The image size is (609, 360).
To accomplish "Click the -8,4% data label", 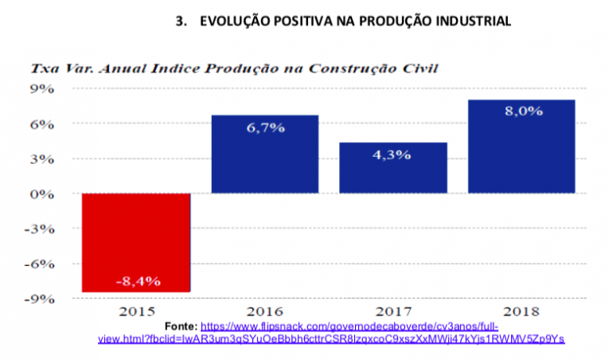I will [x=137, y=280].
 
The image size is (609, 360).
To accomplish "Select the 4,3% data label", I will [x=392, y=155].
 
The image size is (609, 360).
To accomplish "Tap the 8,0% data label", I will [x=521, y=112].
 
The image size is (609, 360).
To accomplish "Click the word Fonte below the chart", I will [x=180, y=327].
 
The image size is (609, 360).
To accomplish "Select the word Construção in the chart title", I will [x=344, y=68].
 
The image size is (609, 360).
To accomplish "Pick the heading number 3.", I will [x=179, y=22].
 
